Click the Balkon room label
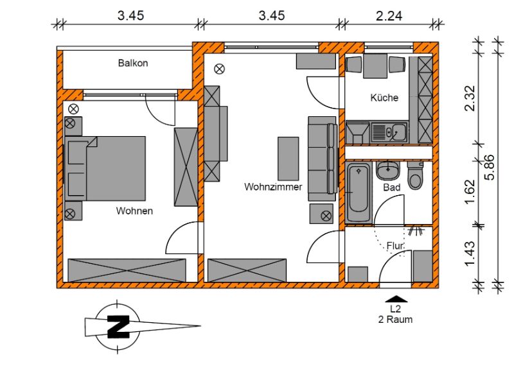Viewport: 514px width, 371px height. [133, 63]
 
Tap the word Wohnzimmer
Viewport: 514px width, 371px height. [273, 187]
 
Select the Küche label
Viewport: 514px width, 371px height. [384, 98]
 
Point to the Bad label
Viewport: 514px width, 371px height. [392, 187]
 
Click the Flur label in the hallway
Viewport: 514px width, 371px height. [395, 246]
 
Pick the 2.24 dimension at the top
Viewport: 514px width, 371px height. [389, 15]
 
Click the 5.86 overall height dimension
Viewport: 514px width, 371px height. [490, 167]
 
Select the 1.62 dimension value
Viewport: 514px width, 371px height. [470, 191]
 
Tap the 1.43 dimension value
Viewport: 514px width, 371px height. [470, 254]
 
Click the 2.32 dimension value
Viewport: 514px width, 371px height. [470, 98]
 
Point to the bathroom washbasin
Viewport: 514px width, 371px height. [388, 171]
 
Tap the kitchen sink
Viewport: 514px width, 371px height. [389, 132]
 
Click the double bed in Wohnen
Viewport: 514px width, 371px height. [105, 168]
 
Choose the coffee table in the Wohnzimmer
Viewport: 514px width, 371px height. [288, 159]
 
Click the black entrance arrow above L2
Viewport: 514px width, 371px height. [396, 298]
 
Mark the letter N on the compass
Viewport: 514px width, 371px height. [118, 327]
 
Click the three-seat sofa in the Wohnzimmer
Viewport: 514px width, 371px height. [323, 159]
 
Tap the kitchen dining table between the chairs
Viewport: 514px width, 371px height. [375, 66]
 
